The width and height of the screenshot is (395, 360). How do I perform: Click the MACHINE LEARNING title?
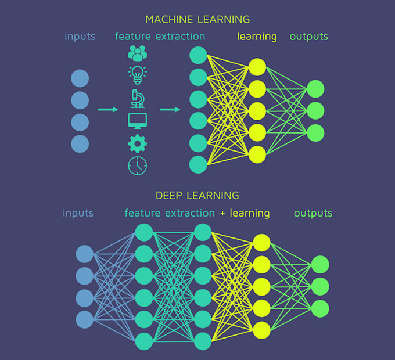coord(198,19)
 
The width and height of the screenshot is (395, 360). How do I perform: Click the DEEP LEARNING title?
coord(198,196)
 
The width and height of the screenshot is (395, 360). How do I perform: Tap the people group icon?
coord(138,53)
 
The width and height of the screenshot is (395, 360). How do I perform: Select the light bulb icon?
coord(138,74)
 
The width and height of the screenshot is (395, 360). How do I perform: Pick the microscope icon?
coord(138,98)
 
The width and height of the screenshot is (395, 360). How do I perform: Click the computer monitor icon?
coord(138,121)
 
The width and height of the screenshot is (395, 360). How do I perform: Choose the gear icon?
coord(138,143)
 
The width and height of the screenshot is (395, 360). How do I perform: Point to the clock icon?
coord(138,165)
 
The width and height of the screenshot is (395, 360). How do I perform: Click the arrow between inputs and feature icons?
coord(108,109)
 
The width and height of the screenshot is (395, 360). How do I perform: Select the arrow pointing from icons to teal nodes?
coord(170,109)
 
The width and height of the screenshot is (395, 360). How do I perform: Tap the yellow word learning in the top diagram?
coord(257,37)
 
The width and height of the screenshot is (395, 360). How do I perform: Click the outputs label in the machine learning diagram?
coord(309,37)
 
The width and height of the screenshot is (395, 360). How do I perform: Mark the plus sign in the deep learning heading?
coord(222,214)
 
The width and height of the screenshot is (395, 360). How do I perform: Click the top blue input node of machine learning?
coord(80,78)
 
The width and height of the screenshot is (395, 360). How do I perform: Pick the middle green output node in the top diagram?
coord(315,110)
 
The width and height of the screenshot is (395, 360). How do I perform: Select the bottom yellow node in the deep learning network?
coord(261,329)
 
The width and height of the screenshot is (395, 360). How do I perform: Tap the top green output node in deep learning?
coord(320,265)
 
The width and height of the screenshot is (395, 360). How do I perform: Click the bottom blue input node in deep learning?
coord(85,319)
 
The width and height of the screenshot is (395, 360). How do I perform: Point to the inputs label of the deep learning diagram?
coord(78,213)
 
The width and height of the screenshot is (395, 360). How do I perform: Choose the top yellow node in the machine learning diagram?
coord(257,67)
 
